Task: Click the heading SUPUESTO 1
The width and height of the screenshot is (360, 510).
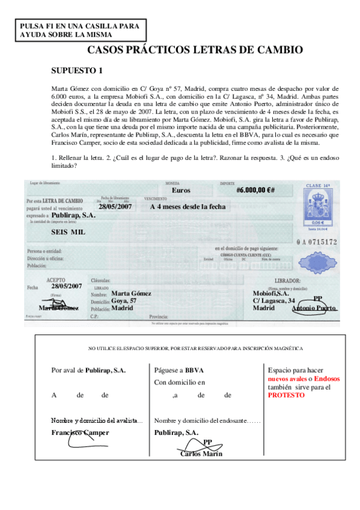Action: [x=76, y=71]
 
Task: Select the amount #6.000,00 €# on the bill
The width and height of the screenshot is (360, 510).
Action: [x=255, y=190]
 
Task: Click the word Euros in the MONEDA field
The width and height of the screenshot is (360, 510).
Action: [x=181, y=190]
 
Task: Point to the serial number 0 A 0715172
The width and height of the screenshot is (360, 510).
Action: [x=316, y=242]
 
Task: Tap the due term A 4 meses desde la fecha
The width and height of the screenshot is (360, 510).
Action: [x=188, y=206]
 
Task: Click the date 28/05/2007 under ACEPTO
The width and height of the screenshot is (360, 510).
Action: [x=66, y=286]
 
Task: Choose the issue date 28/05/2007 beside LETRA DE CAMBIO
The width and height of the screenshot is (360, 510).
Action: [x=115, y=206]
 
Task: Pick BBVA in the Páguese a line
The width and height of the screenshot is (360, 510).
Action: [x=194, y=370]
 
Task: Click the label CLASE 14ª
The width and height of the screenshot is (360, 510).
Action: [x=319, y=186]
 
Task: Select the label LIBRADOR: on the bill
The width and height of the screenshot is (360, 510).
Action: [x=288, y=281]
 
